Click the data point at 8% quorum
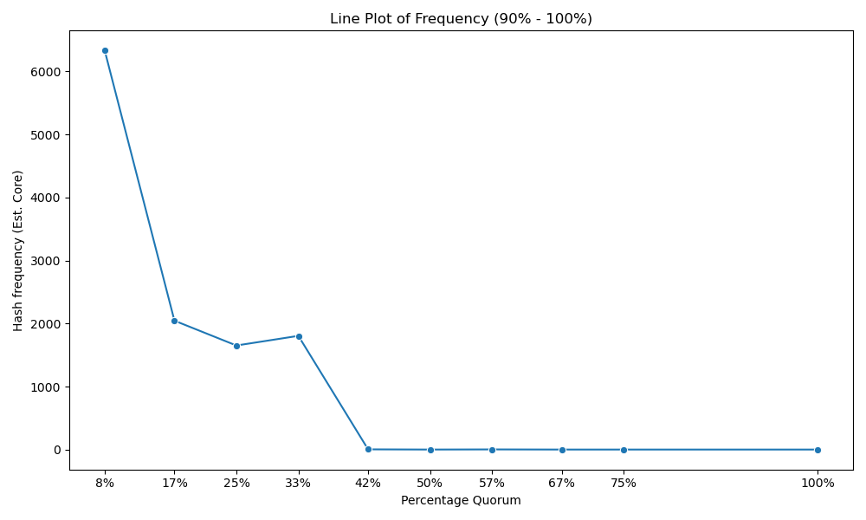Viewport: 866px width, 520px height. (105, 51)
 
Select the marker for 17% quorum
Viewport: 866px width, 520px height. (175, 321)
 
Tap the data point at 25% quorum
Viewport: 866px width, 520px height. (237, 346)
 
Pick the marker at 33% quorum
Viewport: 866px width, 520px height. (299, 336)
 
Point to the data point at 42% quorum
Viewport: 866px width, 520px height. (368, 449)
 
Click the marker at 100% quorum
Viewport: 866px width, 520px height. (818, 450)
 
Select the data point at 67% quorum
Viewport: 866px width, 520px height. (562, 450)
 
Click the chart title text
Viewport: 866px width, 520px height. (462, 19)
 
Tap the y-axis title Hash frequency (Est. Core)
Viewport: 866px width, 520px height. (18, 250)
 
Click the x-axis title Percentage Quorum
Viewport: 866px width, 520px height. (462, 500)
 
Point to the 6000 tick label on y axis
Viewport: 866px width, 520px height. (47, 72)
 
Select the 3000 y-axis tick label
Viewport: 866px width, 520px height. (47, 261)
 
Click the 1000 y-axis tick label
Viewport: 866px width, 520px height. (47, 387)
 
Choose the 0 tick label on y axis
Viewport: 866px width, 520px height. (57, 450)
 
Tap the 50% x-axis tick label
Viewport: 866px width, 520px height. (430, 483)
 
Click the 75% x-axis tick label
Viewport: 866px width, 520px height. (624, 483)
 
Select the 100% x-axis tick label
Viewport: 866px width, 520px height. (818, 483)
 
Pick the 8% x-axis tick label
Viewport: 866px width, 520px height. (105, 483)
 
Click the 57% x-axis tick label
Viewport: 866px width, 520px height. (492, 483)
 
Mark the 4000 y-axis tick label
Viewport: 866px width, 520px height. (47, 198)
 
